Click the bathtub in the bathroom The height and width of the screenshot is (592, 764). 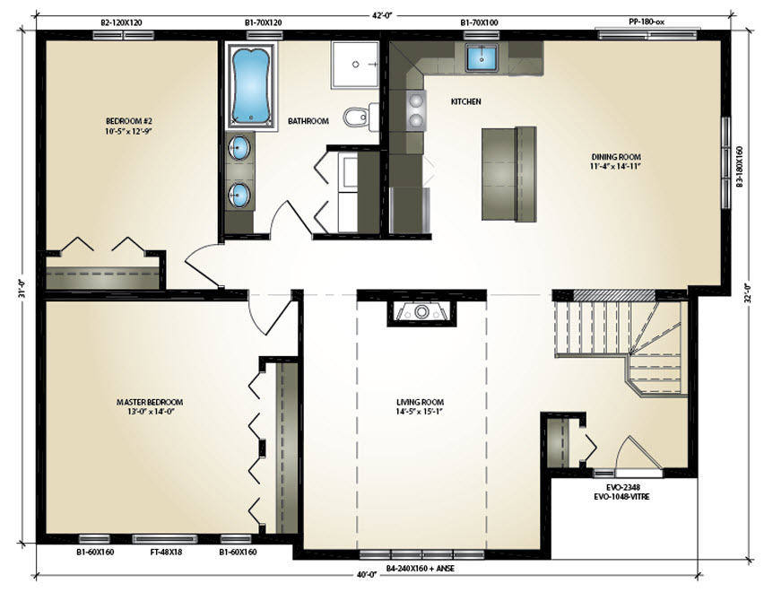tap(250, 86)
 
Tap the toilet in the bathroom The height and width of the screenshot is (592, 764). tap(361, 117)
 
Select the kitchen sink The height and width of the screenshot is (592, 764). tap(482, 57)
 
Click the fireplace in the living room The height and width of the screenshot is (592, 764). tap(422, 312)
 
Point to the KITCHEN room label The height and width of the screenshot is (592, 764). tap(465, 101)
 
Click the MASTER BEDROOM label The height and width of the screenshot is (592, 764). tap(150, 402)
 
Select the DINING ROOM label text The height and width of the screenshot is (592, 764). tap(616, 157)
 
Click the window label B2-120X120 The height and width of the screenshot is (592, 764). tap(121, 22)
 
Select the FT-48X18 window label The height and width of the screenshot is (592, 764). tap(165, 552)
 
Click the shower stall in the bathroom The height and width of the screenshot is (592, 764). tap(355, 65)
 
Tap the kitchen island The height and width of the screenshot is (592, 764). tap(509, 173)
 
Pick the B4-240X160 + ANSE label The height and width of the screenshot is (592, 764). tap(420, 568)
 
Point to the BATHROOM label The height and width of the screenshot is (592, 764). tap(308, 121)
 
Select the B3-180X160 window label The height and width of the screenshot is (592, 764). tap(739, 167)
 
